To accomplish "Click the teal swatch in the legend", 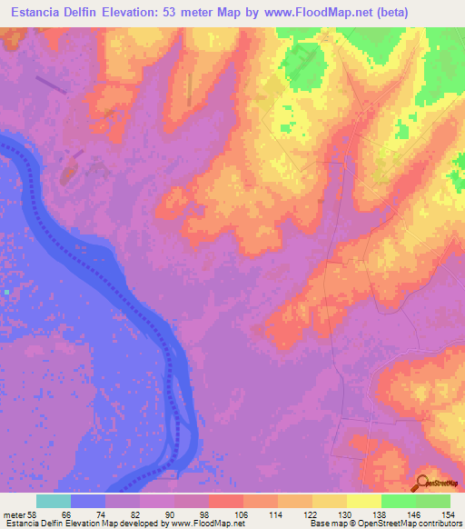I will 53,501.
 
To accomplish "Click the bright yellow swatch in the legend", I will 363,501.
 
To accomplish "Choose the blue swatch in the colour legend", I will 87,501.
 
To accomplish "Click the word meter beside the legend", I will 15,514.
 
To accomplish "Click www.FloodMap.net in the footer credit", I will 200,524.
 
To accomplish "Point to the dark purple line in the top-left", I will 51,85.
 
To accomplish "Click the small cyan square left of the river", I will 5,293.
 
